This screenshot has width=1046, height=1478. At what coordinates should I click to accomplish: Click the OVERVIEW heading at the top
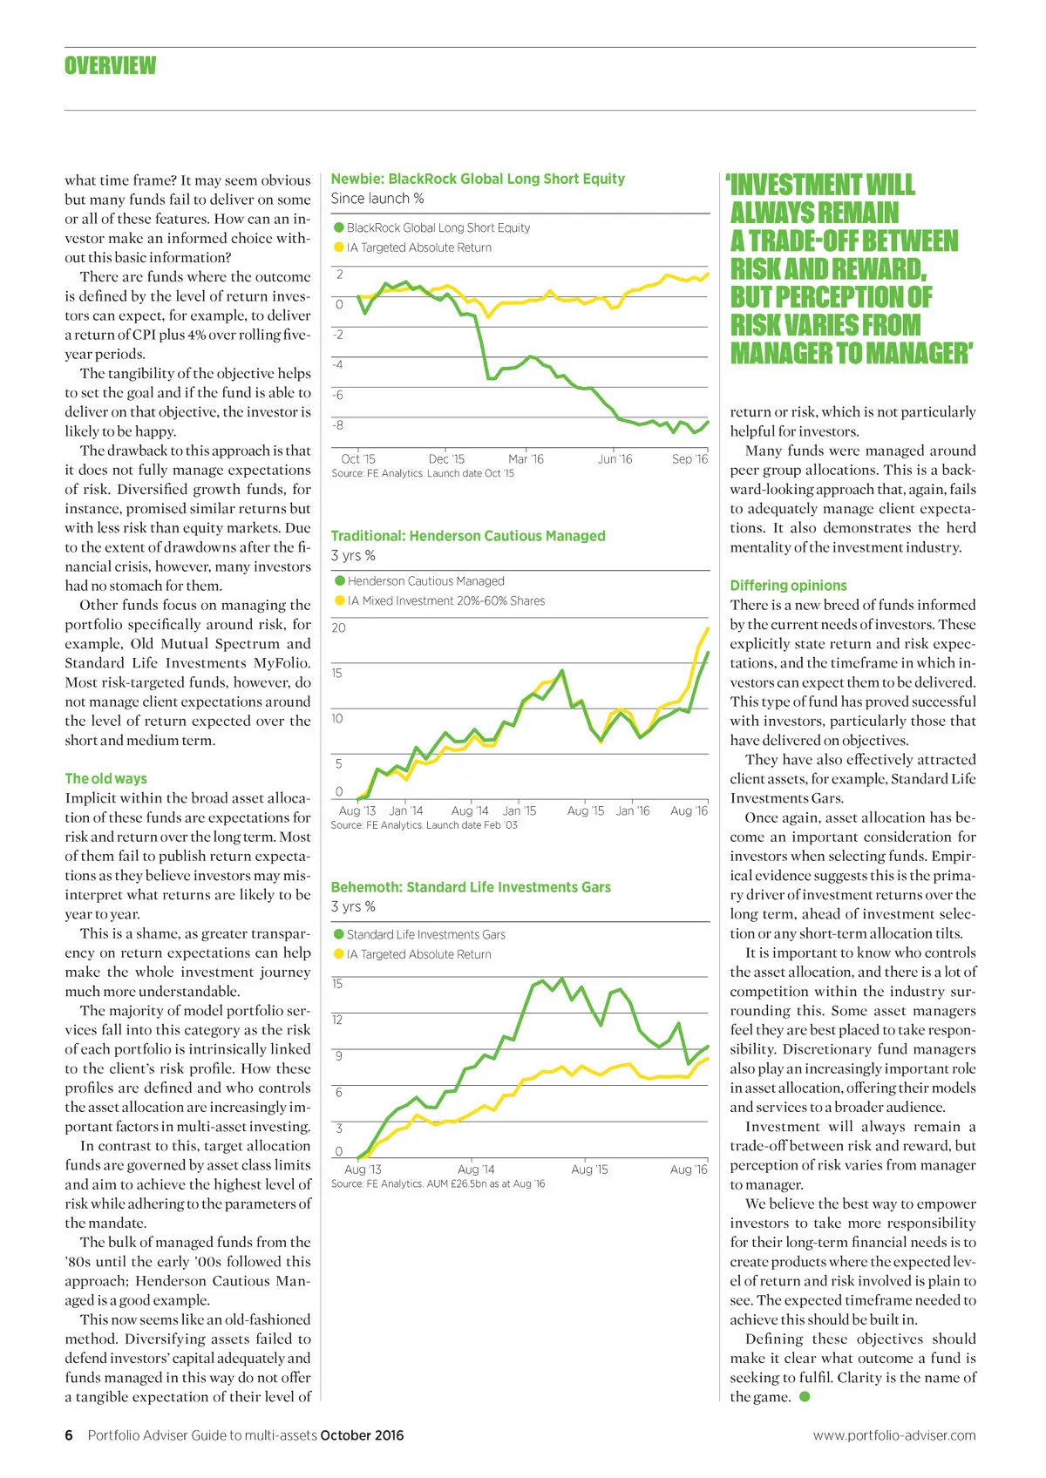(110, 66)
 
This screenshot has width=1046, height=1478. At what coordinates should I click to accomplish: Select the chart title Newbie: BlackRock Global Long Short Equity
(478, 179)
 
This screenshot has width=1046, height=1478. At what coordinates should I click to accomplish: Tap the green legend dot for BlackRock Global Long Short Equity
(339, 227)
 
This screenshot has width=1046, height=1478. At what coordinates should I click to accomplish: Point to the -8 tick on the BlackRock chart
(337, 425)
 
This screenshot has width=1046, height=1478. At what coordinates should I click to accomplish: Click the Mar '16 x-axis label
(526, 459)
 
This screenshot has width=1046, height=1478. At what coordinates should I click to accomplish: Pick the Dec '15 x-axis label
(446, 459)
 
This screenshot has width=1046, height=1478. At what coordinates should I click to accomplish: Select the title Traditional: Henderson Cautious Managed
(467, 536)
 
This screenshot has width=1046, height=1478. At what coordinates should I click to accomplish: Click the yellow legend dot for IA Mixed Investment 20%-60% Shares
(340, 600)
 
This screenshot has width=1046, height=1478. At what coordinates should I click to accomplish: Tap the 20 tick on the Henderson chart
(338, 627)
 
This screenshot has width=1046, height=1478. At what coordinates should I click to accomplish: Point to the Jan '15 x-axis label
(520, 810)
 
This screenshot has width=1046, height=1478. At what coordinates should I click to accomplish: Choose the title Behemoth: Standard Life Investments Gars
(471, 887)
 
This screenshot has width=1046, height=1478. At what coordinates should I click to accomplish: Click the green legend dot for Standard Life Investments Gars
(339, 934)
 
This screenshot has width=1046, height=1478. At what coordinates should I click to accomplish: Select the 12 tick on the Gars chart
(337, 1020)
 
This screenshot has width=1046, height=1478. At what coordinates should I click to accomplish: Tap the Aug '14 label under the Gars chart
(476, 1170)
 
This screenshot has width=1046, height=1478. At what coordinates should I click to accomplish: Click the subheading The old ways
(105, 778)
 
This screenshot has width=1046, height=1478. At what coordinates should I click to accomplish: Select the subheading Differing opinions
(788, 586)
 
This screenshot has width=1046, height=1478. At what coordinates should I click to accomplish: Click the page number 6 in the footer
(69, 1435)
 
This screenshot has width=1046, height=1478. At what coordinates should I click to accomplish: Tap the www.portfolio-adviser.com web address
(894, 1435)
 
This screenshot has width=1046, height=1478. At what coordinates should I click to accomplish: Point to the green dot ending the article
(805, 1397)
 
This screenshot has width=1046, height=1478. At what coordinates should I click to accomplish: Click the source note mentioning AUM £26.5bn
(438, 1183)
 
